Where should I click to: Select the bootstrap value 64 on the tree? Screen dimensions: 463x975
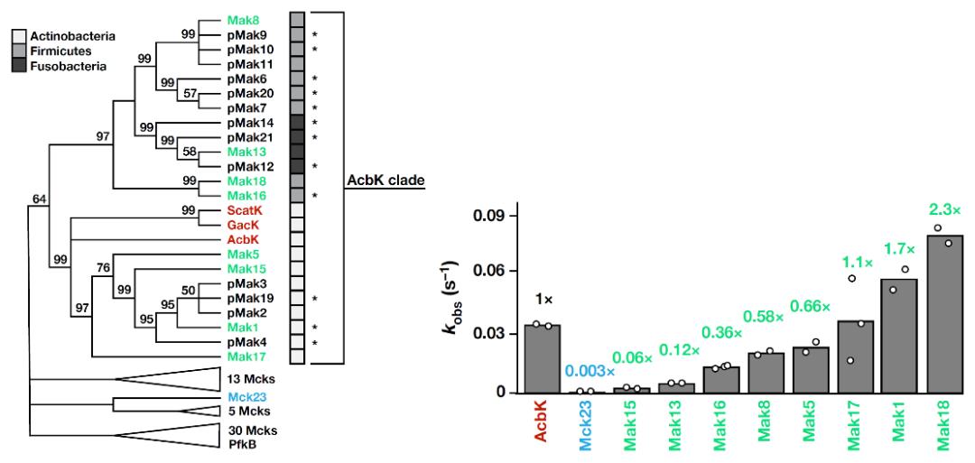point(39,199)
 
